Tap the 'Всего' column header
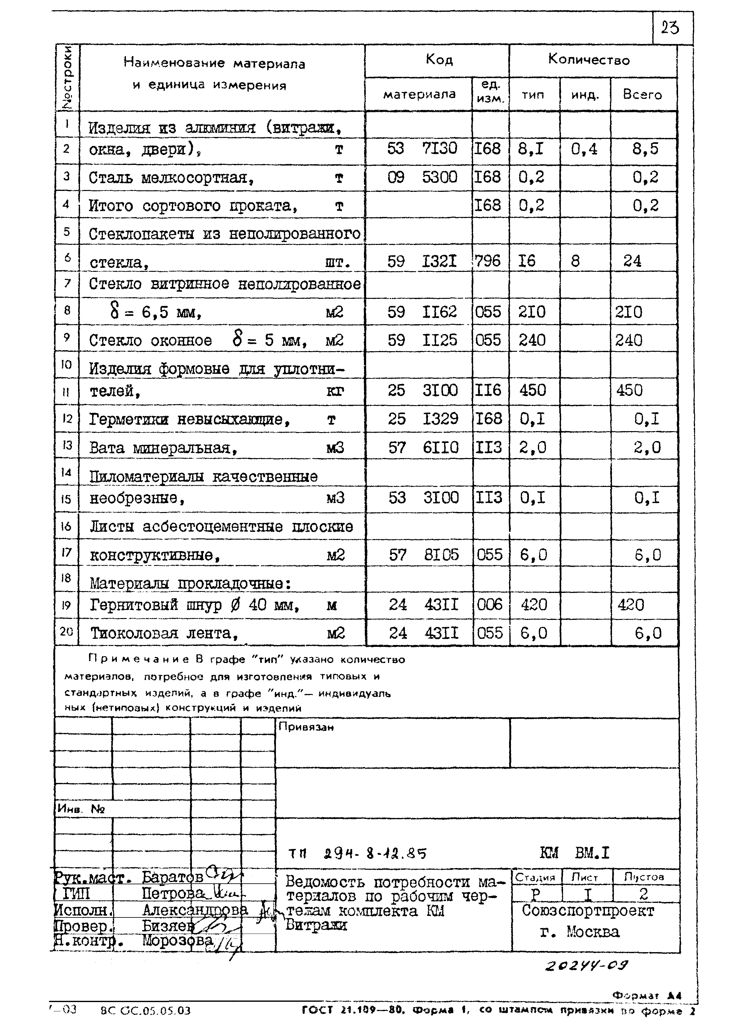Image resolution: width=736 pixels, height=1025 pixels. pyautogui.click(x=642, y=95)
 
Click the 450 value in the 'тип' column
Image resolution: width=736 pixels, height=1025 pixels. pyautogui.click(x=533, y=390)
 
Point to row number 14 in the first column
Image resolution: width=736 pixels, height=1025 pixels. pyautogui.click(x=66, y=472)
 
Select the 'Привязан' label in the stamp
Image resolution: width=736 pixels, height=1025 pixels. pyautogui.click(x=306, y=727)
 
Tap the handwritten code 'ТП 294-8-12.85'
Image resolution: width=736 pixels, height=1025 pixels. pyautogui.click(x=357, y=853)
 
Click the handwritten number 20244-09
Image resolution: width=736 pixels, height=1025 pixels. pyautogui.click(x=586, y=966)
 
